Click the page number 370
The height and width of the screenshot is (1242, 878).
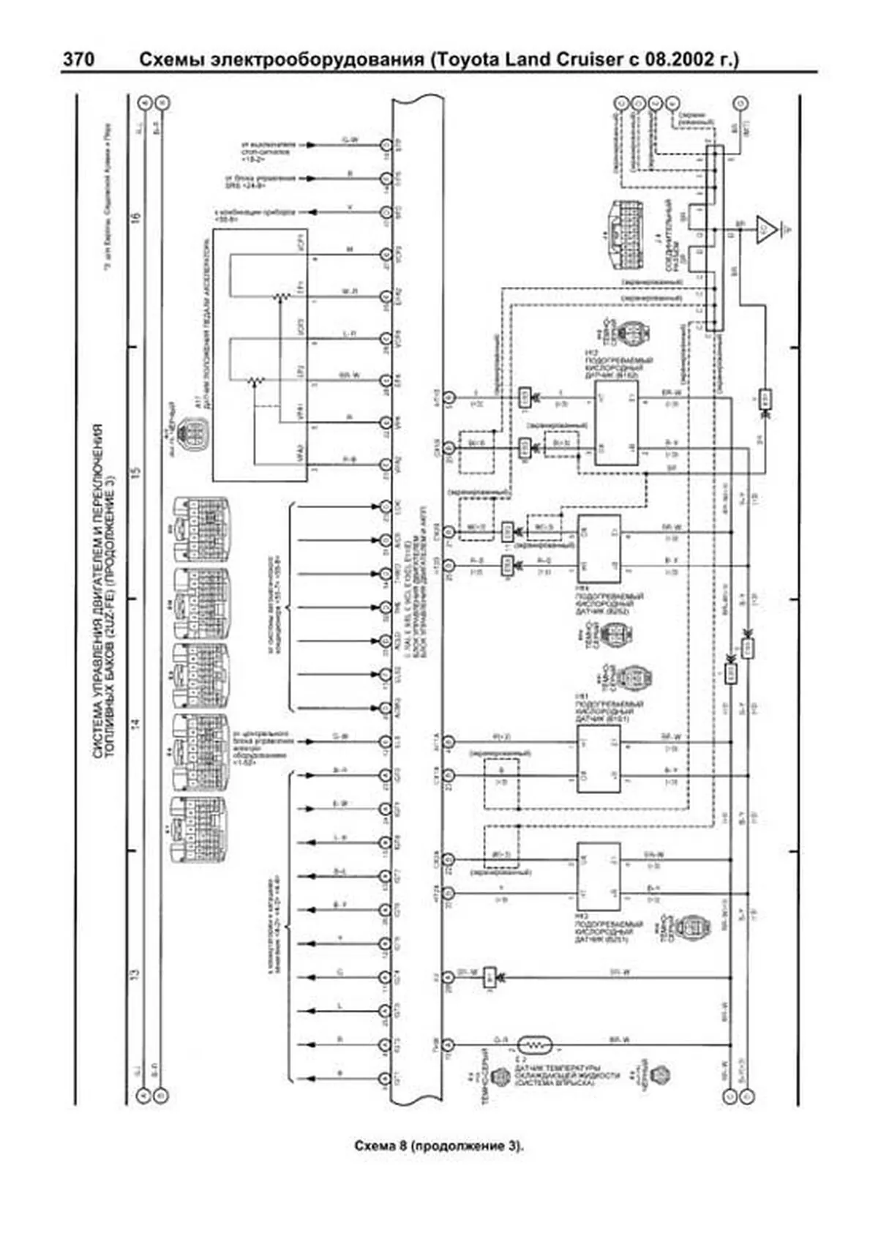(78, 59)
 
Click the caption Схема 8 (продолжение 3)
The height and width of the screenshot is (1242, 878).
(438, 1145)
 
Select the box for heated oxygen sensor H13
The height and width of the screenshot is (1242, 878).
(600, 876)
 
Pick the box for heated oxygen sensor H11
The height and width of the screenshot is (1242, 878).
(600, 759)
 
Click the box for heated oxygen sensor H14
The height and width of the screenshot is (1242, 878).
(600, 548)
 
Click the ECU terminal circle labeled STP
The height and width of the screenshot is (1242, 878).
(386, 144)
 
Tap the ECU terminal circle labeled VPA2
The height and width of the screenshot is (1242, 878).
(386, 465)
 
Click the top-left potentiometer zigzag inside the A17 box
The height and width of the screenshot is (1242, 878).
(278, 296)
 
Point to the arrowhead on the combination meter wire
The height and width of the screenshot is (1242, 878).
(312, 212)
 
